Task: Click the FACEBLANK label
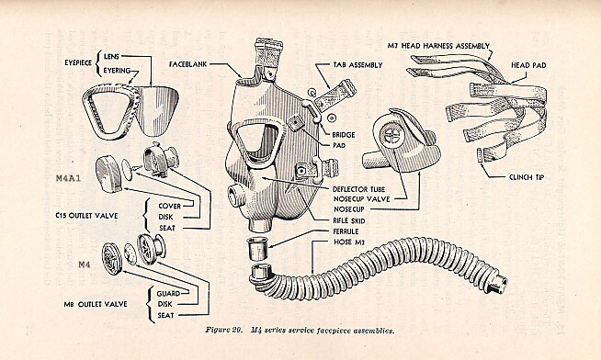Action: (x=187, y=64)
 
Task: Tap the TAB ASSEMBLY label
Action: (x=357, y=65)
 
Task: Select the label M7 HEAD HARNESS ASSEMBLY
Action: (x=438, y=46)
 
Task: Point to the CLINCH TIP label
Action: (x=527, y=177)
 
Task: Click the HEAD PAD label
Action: (x=528, y=65)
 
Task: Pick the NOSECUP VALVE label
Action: (x=361, y=199)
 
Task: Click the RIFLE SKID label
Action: (x=349, y=220)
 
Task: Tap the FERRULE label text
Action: (x=346, y=231)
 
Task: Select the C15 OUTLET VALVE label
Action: (x=86, y=216)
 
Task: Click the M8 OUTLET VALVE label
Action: (x=96, y=304)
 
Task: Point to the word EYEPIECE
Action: (x=78, y=62)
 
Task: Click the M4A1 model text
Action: (x=68, y=178)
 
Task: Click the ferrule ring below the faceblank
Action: (x=257, y=249)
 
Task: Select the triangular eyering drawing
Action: (x=109, y=111)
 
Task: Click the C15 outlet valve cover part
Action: (x=108, y=174)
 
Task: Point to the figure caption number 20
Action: (x=236, y=330)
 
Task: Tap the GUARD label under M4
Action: (x=168, y=294)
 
